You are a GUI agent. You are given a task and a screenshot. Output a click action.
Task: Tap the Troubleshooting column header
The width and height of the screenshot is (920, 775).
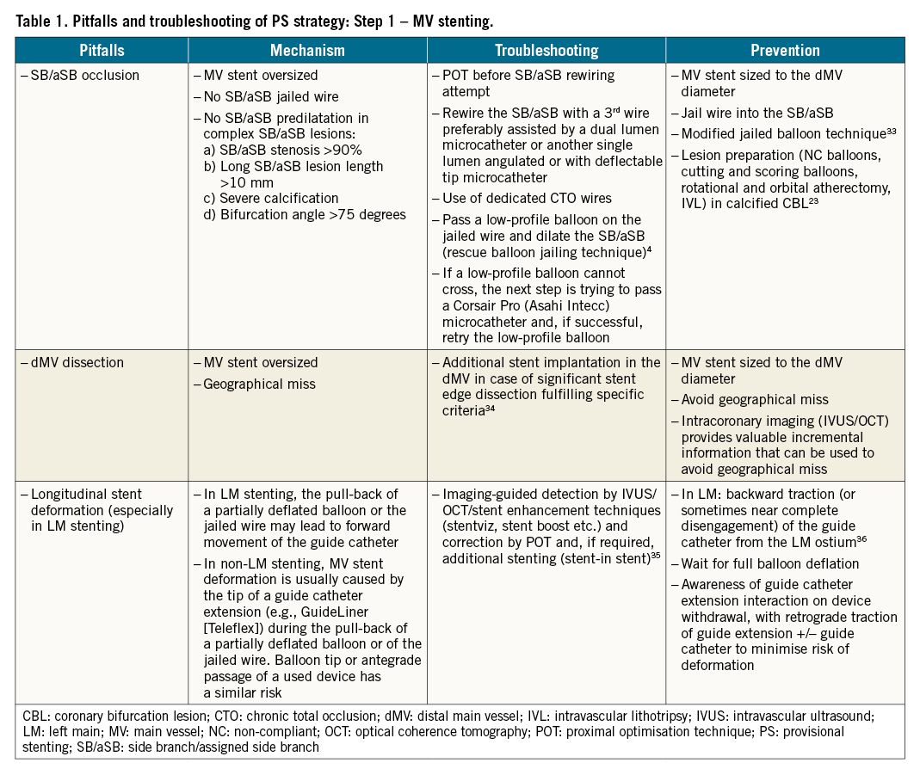tap(546, 51)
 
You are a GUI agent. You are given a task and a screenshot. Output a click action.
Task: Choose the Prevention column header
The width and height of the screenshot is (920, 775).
tap(785, 51)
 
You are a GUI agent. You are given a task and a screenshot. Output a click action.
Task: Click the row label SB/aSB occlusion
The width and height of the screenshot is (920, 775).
tap(84, 75)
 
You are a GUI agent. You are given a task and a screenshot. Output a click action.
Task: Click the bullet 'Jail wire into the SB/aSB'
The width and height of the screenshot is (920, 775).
tap(757, 112)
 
